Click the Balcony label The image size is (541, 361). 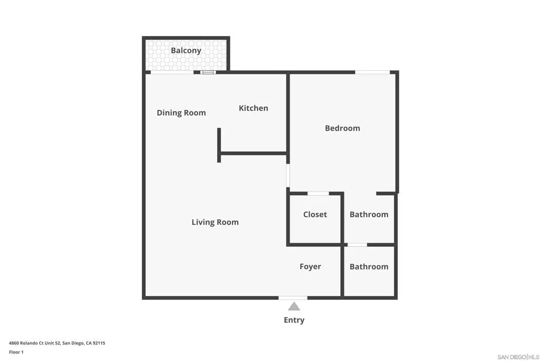click(186, 51)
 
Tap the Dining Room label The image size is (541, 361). click(181, 113)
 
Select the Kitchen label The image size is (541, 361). click(254, 108)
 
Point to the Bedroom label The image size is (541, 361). click(342, 128)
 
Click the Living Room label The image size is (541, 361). click(215, 222)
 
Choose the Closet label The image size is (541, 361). click(315, 214)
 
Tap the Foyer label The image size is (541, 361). click(310, 266)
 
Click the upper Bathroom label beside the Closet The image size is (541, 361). click(369, 214)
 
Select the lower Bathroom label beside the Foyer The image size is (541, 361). click(369, 266)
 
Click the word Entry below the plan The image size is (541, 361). click(294, 320)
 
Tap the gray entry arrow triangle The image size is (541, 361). click(294, 307)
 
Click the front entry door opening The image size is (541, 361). click(293, 298)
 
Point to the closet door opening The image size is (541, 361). click(318, 193)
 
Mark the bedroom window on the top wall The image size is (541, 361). click(372, 72)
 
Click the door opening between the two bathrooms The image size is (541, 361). click(357, 245)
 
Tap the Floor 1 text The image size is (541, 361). click(16, 352)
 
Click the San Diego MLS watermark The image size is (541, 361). click(518, 357)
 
